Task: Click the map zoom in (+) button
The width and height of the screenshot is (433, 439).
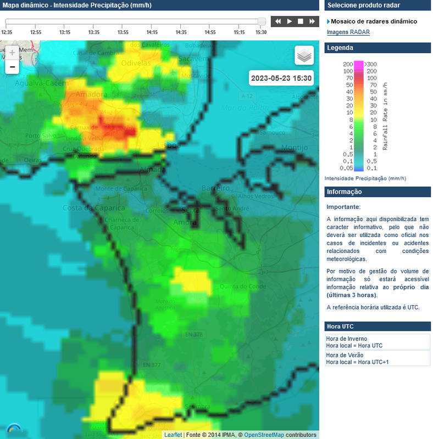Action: (12, 53)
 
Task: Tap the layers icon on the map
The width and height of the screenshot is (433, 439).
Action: (304, 55)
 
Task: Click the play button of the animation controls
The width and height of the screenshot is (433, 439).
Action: (290, 21)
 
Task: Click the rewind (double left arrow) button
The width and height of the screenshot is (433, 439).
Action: (278, 21)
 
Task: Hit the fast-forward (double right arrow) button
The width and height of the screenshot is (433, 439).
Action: (312, 21)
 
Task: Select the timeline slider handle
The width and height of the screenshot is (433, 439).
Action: (262, 21)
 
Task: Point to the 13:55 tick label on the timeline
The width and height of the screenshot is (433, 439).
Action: (123, 32)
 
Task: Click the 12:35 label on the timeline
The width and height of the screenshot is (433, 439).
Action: (7, 32)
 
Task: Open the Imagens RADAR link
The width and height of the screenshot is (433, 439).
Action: (348, 32)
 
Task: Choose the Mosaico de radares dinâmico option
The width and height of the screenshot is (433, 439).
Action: (374, 21)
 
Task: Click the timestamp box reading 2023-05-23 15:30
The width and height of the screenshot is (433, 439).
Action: (281, 78)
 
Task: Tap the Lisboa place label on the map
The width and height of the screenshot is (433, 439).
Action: (169, 145)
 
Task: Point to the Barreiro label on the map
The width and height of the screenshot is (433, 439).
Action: (215, 188)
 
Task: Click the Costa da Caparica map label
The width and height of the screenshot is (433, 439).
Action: (87, 207)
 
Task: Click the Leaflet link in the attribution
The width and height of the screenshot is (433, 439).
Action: (173, 435)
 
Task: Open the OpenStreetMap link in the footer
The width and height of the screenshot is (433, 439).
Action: (264, 435)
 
